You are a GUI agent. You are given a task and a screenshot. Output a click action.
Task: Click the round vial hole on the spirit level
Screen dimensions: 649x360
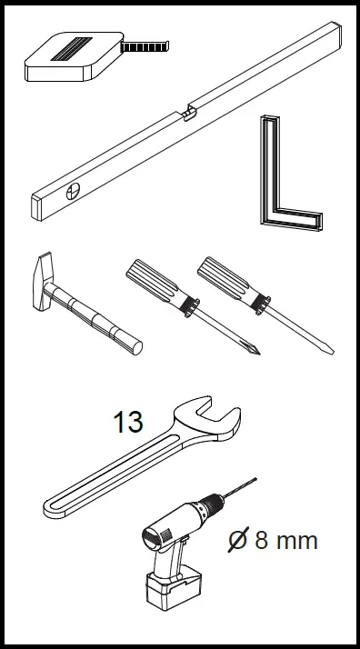pos(73,191)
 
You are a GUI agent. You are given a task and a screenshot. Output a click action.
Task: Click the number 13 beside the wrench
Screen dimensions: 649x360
pos(128,423)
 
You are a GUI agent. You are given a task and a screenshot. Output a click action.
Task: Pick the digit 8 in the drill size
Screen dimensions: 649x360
pos(262,542)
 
